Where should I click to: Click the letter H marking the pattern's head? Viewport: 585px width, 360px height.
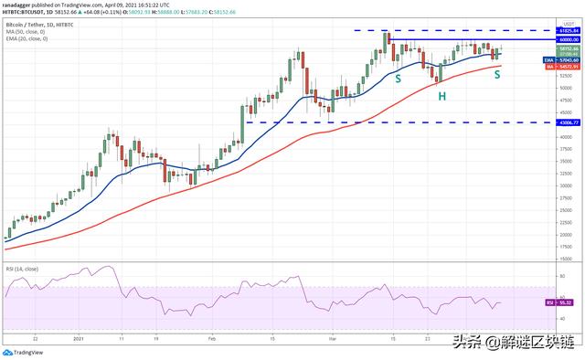(x=441, y=95)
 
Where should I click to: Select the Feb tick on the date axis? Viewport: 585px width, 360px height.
(x=212, y=337)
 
